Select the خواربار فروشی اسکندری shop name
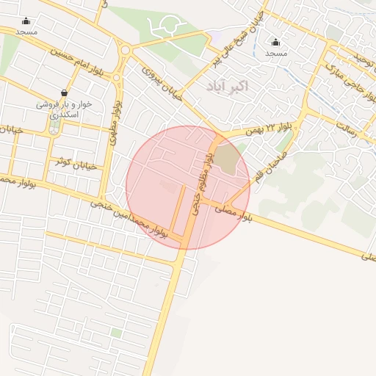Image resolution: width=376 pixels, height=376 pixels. tap(65, 109)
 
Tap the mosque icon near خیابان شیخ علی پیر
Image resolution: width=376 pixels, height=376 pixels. tap(276, 42)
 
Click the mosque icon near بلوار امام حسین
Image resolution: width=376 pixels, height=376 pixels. tap(26, 21)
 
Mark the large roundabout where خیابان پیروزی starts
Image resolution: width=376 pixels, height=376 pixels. tap(126, 51)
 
